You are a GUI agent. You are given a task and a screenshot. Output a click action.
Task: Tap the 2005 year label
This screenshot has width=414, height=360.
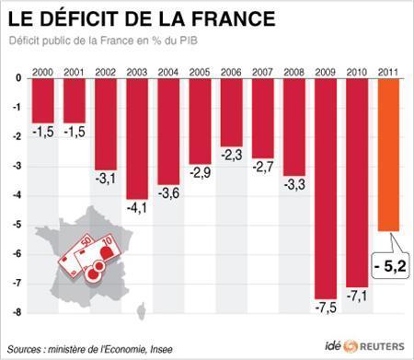[x=200, y=72]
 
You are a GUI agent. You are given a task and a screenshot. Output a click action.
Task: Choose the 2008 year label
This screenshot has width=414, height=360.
[x=294, y=72]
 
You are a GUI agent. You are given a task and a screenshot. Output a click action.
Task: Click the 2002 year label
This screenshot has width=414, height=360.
[x=107, y=72]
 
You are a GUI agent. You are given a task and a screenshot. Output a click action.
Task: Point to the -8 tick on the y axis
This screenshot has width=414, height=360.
[x=17, y=313]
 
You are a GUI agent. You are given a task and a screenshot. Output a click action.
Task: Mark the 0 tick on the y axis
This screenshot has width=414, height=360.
[x=18, y=79]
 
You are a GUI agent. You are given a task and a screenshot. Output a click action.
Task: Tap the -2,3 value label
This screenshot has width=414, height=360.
[x=232, y=154]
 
